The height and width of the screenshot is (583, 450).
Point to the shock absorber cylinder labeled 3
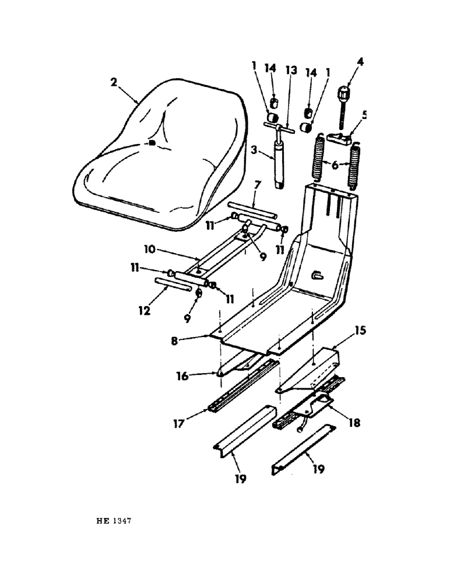(x=279, y=167)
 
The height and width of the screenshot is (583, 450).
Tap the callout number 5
(x=365, y=115)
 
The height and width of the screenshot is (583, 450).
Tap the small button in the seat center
(x=150, y=143)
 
